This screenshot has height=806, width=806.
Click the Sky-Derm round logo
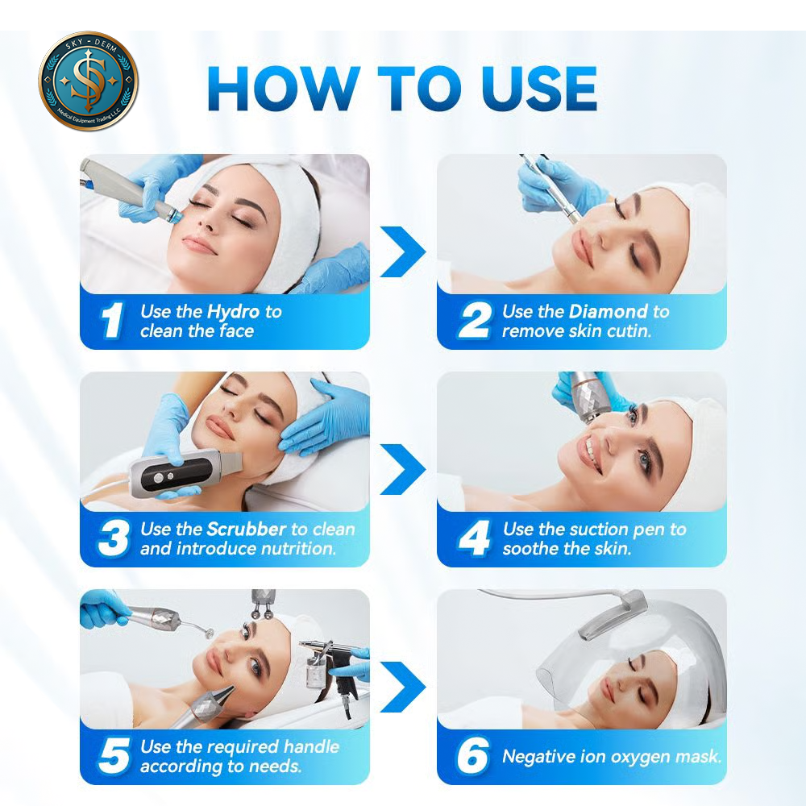coord(89,81)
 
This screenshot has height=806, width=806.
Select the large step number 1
coord(112,320)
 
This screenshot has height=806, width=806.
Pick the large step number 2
coord(473,320)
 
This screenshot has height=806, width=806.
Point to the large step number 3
coord(114,538)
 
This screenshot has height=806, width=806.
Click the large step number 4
coord(473,538)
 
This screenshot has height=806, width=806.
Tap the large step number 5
coord(114,756)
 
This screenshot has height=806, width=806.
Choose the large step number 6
coord(472,756)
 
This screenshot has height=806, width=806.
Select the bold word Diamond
coord(608,311)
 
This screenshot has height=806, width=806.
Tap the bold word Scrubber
coord(246,529)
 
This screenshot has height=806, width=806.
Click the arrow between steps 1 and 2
coord(403,251)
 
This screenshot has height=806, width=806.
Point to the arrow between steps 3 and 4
coord(403,469)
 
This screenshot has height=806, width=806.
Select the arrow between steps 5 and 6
coord(403,687)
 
